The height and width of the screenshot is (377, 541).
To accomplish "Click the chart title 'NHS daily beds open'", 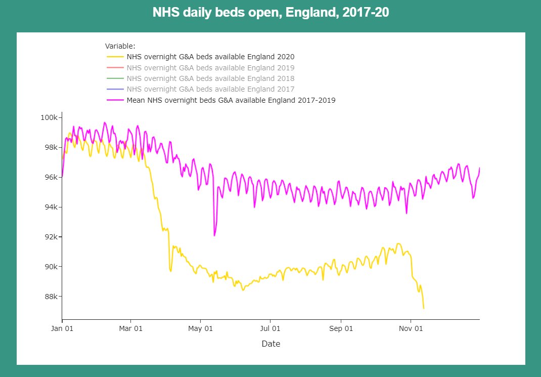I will (x=270, y=13).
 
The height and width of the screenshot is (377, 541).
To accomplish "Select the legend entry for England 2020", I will (x=210, y=57).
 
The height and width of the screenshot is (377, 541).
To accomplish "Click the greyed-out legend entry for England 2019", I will (x=210, y=68).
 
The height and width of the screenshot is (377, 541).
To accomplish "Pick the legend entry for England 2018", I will (x=210, y=78).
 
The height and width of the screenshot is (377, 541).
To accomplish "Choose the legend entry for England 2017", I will (x=210, y=89).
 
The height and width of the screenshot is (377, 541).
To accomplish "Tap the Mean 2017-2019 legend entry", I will (x=231, y=100).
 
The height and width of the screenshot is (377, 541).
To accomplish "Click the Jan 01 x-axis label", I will (x=62, y=328).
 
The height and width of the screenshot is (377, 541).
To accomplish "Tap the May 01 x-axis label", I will (x=201, y=328).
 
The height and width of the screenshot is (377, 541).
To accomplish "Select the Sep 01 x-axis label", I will (x=341, y=328).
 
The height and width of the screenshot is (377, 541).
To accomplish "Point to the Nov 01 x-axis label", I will (x=411, y=328).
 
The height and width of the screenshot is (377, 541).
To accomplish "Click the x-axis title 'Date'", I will (x=270, y=344).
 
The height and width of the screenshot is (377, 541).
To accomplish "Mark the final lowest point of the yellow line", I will (x=423, y=308).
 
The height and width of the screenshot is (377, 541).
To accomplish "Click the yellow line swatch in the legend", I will (x=115, y=57).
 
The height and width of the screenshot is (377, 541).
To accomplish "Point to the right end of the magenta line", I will (x=479, y=168).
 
